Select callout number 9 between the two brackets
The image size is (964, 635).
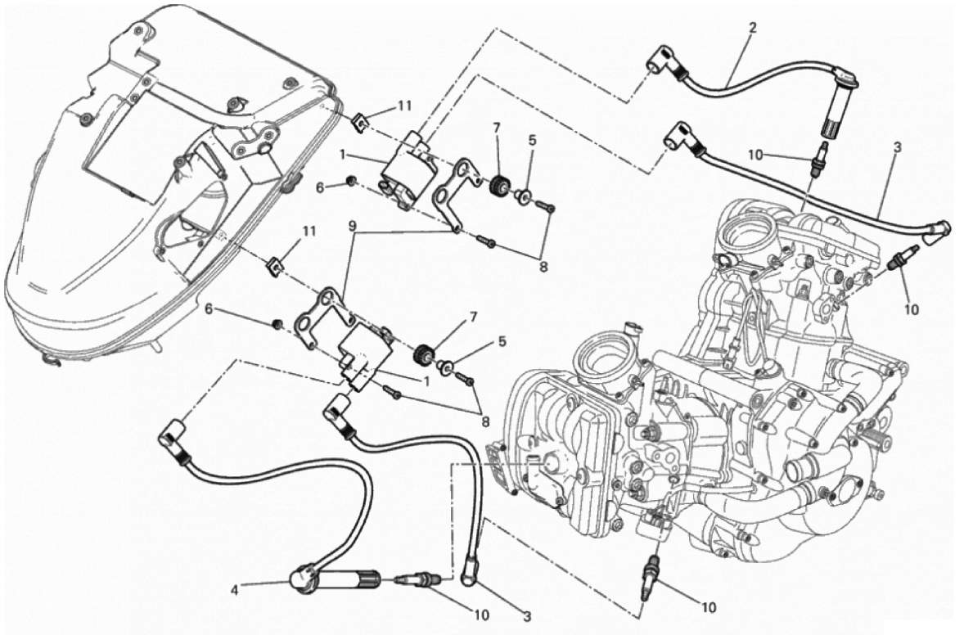(x=351, y=225)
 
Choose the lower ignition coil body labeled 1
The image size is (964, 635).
(x=364, y=357)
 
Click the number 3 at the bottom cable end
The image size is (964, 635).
(x=526, y=615)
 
